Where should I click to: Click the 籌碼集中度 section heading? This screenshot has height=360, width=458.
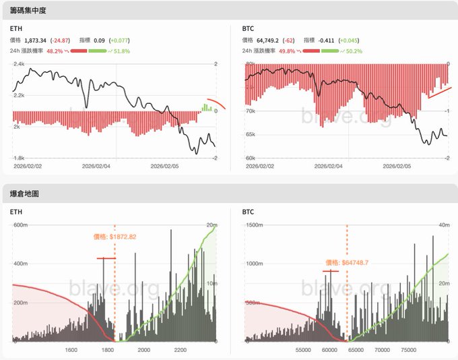tap(29, 11)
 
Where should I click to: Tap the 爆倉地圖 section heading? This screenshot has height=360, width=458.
tap(25, 193)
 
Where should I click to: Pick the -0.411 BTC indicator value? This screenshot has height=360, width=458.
tap(328, 40)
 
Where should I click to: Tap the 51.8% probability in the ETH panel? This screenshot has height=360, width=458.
tap(121, 51)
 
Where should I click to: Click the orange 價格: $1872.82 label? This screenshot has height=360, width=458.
tap(115, 237)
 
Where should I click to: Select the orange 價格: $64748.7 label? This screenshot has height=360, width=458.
tap(347, 262)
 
